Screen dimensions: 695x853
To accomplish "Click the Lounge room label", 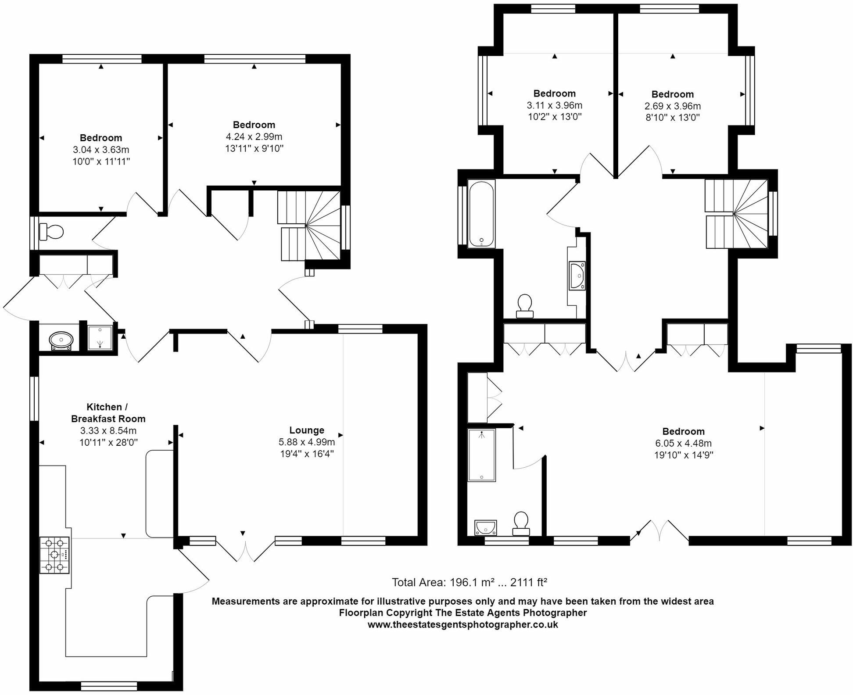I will point(306,430).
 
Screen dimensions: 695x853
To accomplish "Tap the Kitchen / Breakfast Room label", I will point(108,412).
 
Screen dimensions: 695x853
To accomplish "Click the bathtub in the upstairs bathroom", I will point(481,214).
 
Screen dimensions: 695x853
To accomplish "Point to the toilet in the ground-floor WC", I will point(51,231).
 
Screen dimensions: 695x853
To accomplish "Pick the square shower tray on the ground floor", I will point(100,338).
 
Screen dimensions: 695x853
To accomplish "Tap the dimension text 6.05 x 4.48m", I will point(683,443).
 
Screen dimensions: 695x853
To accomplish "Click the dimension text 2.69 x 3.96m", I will point(672,106).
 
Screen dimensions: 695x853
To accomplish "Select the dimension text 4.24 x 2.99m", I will point(254,136).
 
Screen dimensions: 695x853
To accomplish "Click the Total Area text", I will point(469,582).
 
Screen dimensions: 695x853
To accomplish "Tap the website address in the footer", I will point(462,624).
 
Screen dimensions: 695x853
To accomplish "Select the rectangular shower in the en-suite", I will point(481,455).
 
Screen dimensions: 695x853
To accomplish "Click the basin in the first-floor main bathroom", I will point(577,276).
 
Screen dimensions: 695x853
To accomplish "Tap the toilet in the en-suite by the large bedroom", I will point(521,523).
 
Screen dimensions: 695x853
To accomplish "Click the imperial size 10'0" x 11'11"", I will point(101,161).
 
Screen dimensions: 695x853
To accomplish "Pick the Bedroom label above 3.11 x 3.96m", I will point(554,93).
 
